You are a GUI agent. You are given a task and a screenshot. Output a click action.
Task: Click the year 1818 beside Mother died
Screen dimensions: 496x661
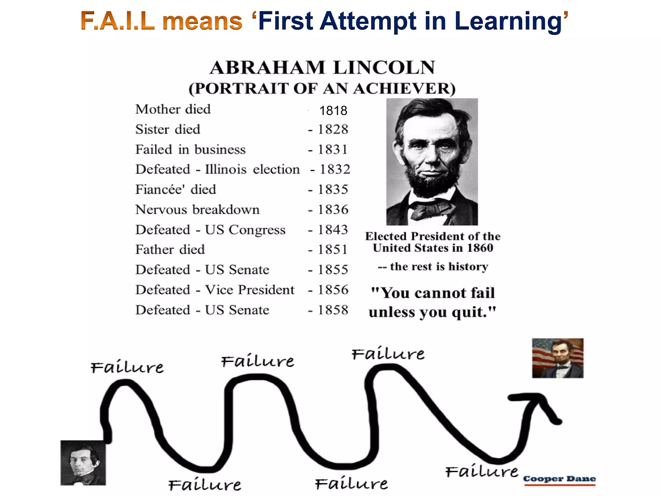coord(333,111)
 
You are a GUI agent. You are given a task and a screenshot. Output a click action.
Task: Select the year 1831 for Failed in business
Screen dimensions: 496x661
coord(333,150)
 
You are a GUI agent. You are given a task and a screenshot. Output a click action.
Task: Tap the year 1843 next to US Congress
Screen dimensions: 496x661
coord(333,230)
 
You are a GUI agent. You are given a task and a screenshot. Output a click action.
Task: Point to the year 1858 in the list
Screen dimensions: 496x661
coord(333,310)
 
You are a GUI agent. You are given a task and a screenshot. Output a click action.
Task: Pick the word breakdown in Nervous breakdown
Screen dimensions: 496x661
coord(226,210)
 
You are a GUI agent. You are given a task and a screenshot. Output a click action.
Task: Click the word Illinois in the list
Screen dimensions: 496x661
coord(226,170)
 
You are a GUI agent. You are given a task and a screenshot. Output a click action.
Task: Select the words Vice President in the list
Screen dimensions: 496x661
coord(250,290)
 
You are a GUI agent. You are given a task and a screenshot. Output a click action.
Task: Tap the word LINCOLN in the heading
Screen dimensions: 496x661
coord(384,68)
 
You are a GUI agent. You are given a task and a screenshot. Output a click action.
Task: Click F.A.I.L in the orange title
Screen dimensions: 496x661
coord(117,21)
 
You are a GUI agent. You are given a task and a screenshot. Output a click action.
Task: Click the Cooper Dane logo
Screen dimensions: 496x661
coord(559,479)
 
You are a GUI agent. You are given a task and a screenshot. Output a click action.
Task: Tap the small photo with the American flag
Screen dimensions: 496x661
coord(558,358)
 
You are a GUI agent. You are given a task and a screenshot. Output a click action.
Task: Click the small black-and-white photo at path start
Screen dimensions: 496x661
coord(83,463)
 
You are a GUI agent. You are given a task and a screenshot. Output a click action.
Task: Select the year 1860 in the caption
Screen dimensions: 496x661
coord(480,248)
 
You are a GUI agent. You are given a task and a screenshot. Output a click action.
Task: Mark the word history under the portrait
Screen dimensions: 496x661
coord(468,267)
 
